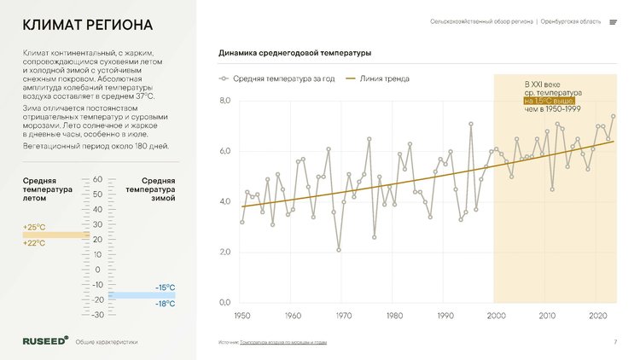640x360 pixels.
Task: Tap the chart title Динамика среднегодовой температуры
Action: pyautogui.click(x=294, y=54)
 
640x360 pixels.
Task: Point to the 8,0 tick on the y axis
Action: pyautogui.click(x=225, y=102)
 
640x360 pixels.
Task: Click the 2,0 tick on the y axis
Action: pyautogui.click(x=225, y=253)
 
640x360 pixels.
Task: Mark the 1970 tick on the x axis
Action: pyautogui.click(x=343, y=316)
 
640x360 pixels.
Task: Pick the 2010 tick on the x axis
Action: pyautogui.click(x=547, y=316)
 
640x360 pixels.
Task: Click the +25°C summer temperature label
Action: pyautogui.click(x=33, y=228)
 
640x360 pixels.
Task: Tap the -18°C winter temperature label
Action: pyautogui.click(x=165, y=304)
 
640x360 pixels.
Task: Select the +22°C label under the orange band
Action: pyautogui.click(x=33, y=243)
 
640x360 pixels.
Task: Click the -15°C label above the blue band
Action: pyautogui.click(x=165, y=287)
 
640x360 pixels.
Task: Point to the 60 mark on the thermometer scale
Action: pyautogui.click(x=97, y=179)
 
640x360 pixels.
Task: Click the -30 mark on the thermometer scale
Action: pyautogui.click(x=97, y=315)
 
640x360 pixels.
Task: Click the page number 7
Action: pyautogui.click(x=615, y=342)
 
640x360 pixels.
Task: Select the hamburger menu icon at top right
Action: pyautogui.click(x=613, y=22)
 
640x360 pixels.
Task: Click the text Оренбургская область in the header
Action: pyautogui.click(x=571, y=21)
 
